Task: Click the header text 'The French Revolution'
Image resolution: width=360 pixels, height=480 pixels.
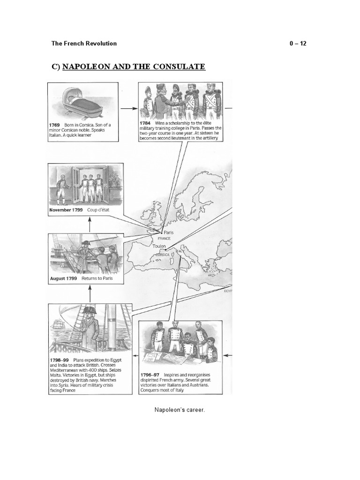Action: [84, 44]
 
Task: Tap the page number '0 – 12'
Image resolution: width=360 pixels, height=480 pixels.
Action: [298, 44]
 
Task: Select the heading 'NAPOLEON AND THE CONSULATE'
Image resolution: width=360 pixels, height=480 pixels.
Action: [133, 67]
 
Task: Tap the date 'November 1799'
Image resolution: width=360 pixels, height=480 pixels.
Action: [66, 210]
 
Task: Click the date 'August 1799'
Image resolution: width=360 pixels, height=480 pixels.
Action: [64, 278]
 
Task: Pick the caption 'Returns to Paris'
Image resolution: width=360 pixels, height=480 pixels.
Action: [97, 278]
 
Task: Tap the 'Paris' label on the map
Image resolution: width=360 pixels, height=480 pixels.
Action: [168, 232]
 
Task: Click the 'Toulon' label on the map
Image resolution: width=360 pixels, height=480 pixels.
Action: [159, 245]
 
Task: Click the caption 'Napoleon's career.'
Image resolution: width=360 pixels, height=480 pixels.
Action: [180, 410]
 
